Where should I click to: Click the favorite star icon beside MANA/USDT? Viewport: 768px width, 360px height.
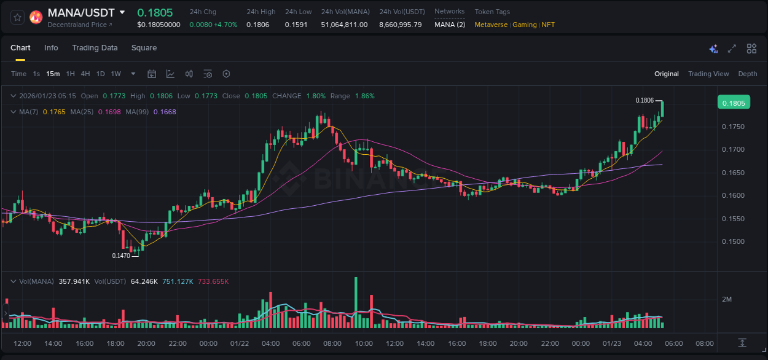click(18, 17)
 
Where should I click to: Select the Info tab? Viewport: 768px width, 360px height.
click(51, 48)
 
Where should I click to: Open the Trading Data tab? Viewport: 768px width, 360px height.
click(95, 48)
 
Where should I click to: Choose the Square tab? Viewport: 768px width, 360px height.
click(144, 48)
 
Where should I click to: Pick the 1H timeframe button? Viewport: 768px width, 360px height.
click(70, 74)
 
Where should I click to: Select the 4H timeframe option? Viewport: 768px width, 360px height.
click(85, 74)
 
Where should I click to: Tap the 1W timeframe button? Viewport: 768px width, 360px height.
click(116, 74)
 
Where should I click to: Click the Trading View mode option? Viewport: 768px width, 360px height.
click(708, 74)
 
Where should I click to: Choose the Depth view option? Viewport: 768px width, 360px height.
click(748, 74)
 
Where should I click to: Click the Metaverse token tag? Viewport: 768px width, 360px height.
click(491, 25)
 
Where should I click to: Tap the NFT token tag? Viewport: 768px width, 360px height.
click(548, 25)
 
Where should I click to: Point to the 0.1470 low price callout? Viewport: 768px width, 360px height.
click(121, 256)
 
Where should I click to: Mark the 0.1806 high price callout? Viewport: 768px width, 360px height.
click(645, 100)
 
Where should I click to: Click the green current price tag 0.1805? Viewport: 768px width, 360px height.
click(734, 103)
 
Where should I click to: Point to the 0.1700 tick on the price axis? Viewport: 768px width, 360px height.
click(733, 149)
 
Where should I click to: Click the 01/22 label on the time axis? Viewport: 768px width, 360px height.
click(239, 343)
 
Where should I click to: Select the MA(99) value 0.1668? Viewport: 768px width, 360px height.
click(165, 112)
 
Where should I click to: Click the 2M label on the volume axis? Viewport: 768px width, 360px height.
click(727, 299)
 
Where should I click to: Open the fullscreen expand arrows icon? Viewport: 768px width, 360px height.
click(732, 49)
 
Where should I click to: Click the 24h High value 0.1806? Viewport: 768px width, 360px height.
click(257, 25)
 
